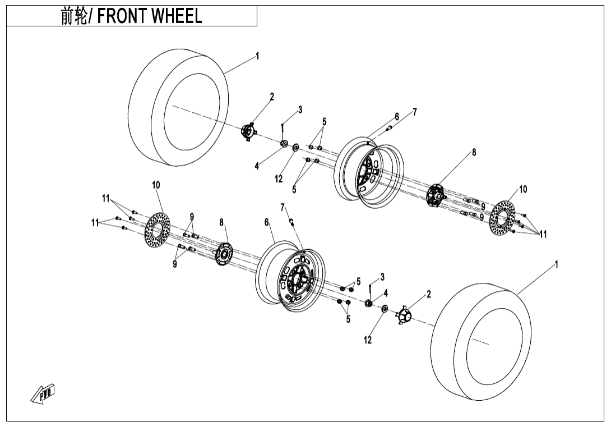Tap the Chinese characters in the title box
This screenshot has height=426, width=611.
[73, 16]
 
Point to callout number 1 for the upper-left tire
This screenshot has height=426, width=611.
[257, 56]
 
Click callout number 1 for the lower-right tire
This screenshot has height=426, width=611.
[556, 264]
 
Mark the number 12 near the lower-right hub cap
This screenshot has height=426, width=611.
[368, 340]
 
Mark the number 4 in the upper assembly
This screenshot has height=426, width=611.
[257, 166]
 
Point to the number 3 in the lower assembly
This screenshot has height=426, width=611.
[382, 276]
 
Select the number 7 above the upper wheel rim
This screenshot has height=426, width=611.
[415, 112]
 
